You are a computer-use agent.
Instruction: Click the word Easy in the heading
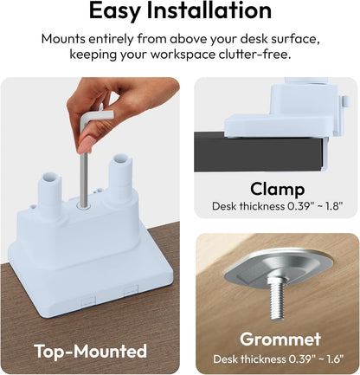tap(114, 11)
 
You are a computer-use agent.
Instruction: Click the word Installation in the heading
tap(209, 10)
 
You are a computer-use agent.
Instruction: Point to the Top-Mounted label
tap(91, 351)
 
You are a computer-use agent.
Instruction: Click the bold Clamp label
tap(277, 190)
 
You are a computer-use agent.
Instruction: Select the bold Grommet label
tap(280, 339)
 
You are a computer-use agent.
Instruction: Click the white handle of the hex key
tap(97, 119)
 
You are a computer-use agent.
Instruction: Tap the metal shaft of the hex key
tap(84, 179)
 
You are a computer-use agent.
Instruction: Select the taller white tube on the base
tap(120, 177)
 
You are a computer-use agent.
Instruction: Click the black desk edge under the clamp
tap(259, 152)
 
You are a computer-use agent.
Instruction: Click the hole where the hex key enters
tap(84, 205)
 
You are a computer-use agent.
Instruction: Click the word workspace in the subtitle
tap(183, 55)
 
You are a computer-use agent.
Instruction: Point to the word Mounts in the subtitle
tap(63, 39)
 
